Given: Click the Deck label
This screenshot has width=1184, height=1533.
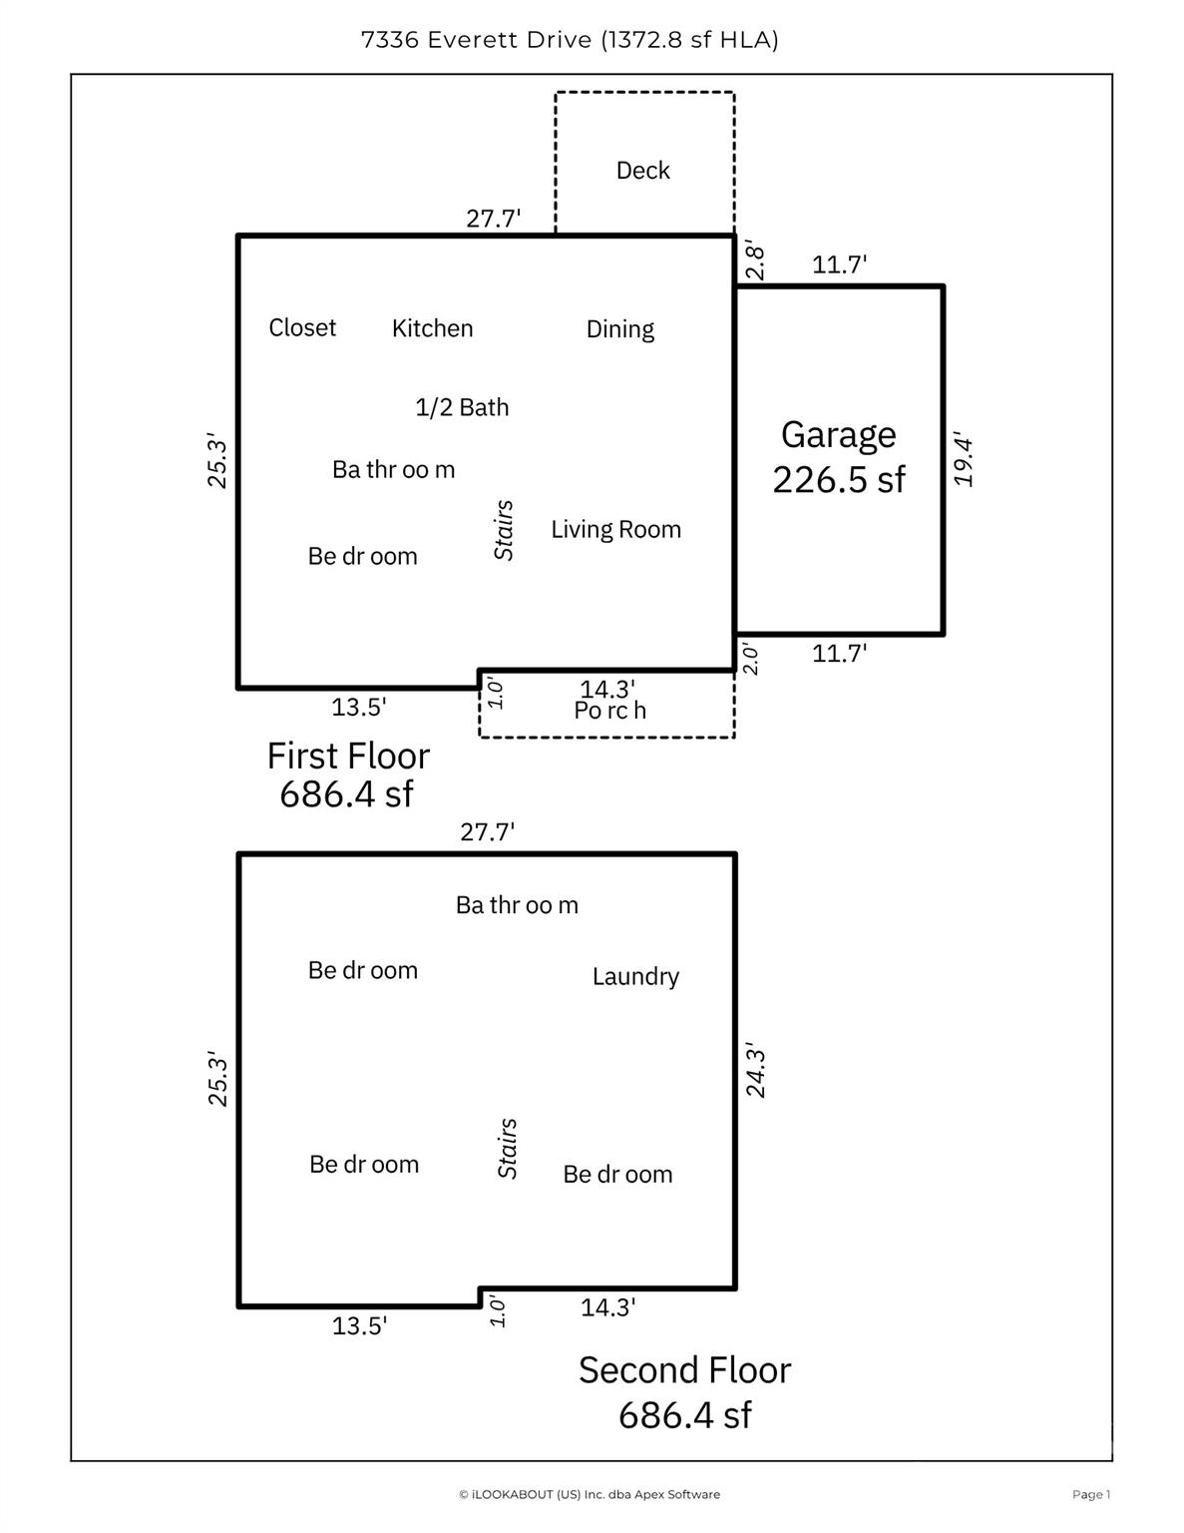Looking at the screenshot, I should [x=642, y=171].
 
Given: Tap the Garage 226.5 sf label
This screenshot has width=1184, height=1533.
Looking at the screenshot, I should [x=839, y=457].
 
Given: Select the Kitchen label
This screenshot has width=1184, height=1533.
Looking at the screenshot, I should [x=432, y=328].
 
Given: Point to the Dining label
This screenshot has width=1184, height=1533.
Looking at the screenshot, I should [x=619, y=329].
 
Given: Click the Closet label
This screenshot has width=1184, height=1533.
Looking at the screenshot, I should [x=302, y=327].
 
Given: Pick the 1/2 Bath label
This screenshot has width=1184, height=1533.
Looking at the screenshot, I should [x=462, y=407].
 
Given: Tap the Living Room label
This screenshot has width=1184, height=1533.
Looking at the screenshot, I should [x=615, y=529].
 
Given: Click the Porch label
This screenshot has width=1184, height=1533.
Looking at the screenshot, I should [x=609, y=711].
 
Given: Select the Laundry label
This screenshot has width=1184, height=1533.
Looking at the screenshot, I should [x=635, y=976].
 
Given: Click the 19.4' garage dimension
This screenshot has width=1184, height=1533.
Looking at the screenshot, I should [x=964, y=460].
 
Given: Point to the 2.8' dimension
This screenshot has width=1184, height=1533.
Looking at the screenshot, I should [x=755, y=262].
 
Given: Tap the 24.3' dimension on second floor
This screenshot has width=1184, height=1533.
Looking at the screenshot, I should [x=756, y=1072].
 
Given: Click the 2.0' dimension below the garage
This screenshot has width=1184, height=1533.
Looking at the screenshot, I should [x=750, y=660].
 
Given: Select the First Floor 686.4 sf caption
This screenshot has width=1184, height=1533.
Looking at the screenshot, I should [x=347, y=774].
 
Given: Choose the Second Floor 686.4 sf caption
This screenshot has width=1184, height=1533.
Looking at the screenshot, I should [x=684, y=1392].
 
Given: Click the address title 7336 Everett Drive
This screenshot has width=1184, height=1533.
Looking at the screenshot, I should [x=569, y=40].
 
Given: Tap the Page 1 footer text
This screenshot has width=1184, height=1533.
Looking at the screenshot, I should [x=1090, y=1494].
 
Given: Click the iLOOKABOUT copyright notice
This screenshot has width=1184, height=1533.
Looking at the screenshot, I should [x=589, y=1494].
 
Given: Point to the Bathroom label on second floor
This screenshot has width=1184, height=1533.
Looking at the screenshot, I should [x=517, y=905].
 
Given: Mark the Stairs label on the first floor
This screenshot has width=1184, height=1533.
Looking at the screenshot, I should [x=505, y=530].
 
